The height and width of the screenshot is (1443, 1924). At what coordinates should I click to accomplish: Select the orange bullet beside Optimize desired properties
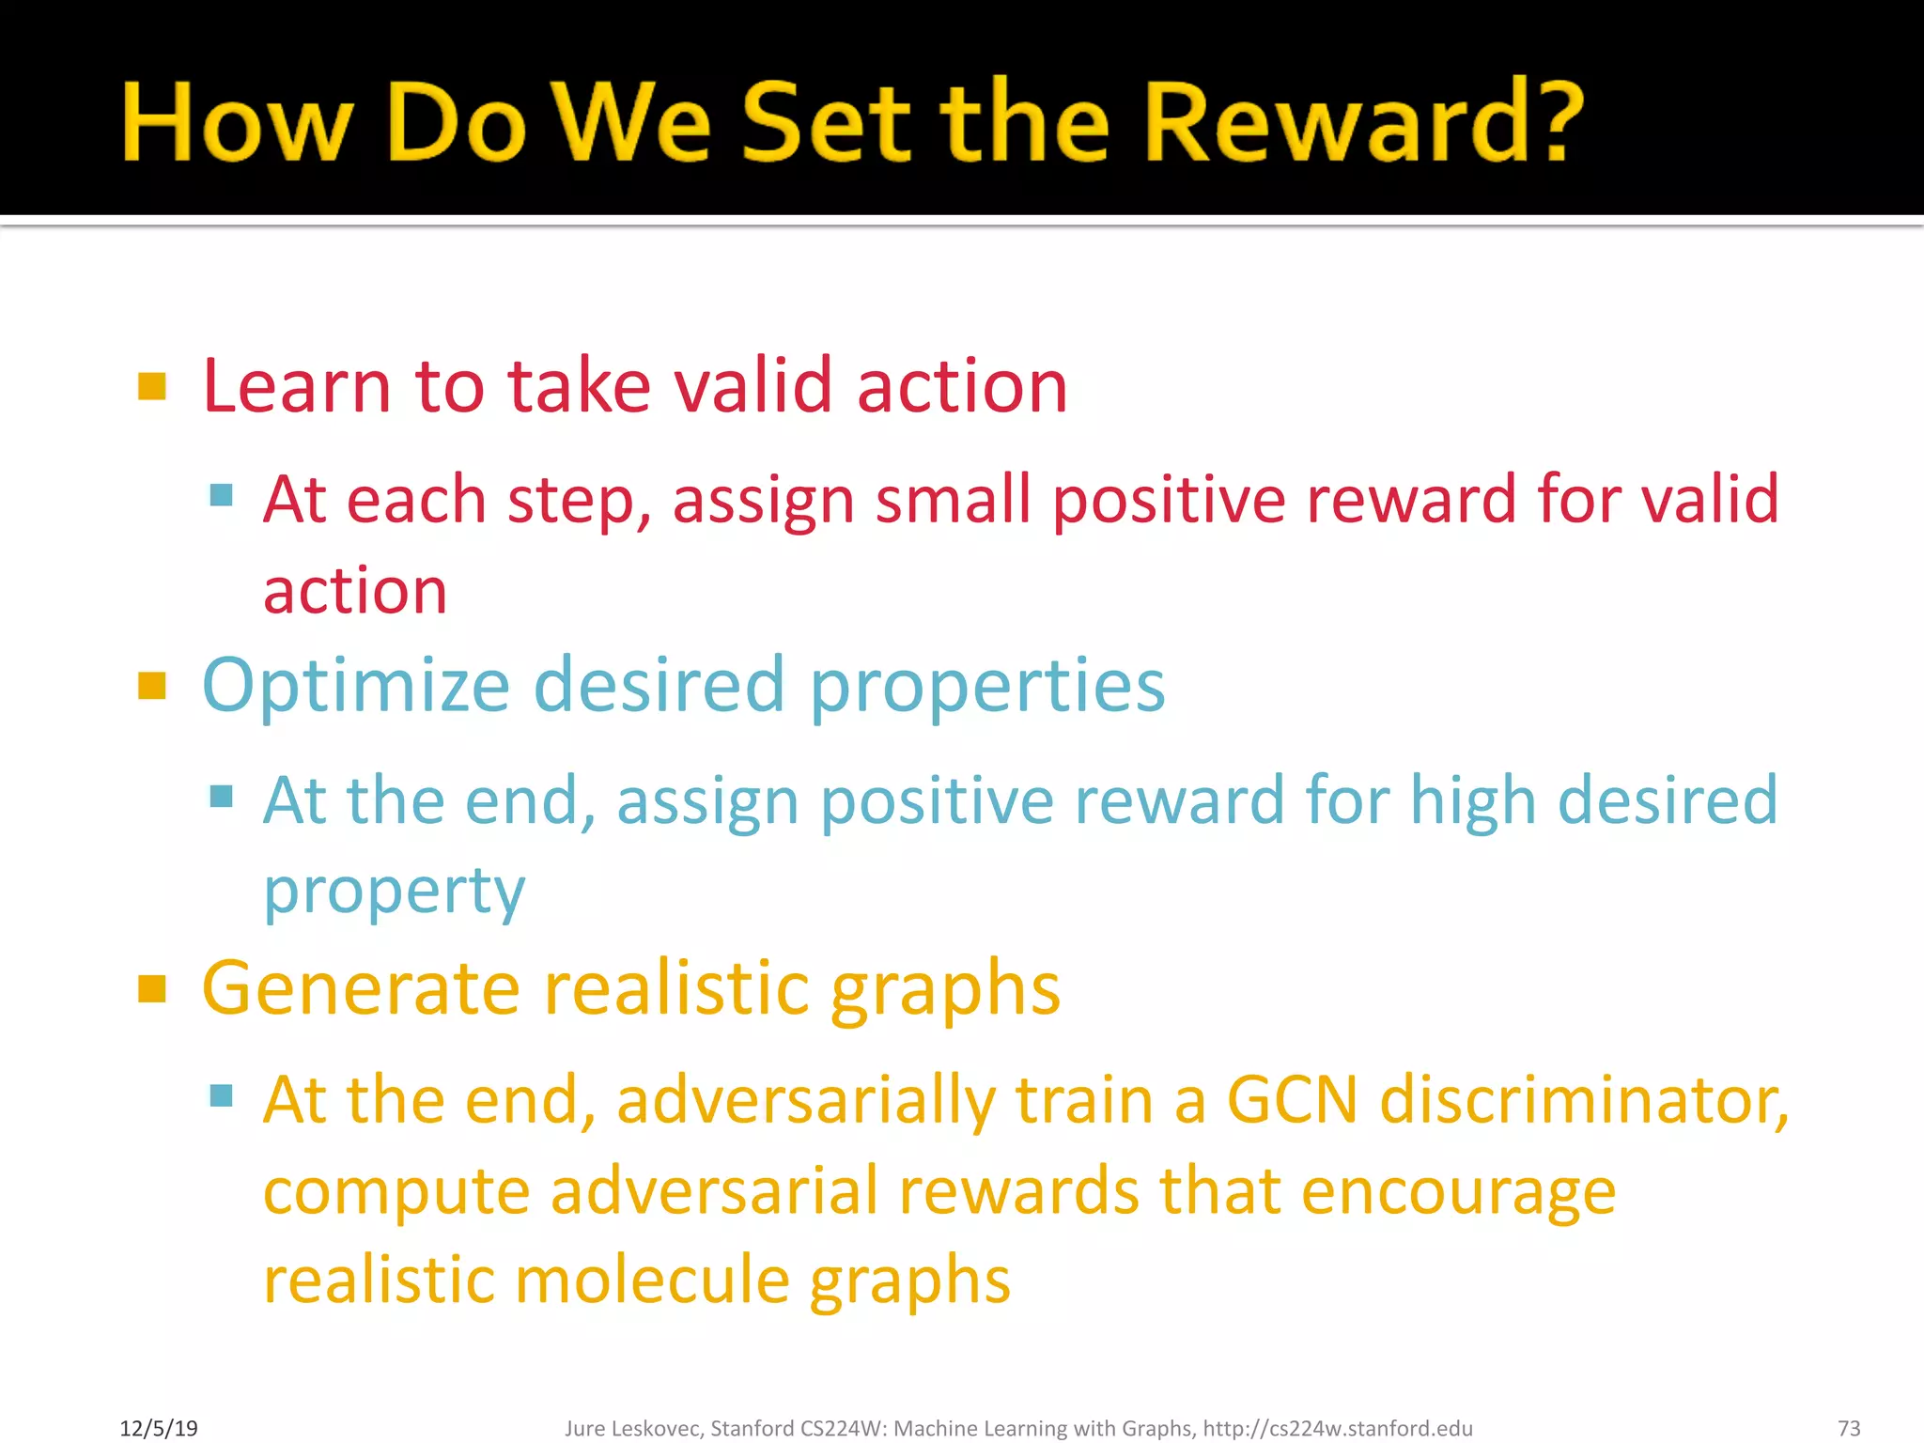pyautogui.click(x=151, y=686)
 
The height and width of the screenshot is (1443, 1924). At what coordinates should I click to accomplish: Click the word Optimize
pyautogui.click(x=356, y=686)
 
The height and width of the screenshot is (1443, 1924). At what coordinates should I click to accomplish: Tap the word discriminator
pyautogui.click(x=1584, y=1100)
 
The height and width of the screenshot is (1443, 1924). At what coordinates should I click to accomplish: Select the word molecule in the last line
pyautogui.click(x=652, y=1280)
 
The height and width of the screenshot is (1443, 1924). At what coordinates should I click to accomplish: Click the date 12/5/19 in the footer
pyautogui.click(x=159, y=1428)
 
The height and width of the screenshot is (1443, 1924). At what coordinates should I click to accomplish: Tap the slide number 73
pyautogui.click(x=1848, y=1428)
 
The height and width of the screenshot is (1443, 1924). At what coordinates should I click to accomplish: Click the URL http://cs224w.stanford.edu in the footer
pyautogui.click(x=1337, y=1428)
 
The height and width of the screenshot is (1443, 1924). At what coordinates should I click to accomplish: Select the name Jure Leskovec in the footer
pyautogui.click(x=632, y=1428)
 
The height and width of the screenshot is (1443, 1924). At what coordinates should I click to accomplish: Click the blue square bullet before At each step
pyautogui.click(x=222, y=495)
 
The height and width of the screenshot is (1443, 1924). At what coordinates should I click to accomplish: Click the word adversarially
pyautogui.click(x=805, y=1100)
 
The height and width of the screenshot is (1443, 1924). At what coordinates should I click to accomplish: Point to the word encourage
pyautogui.click(x=1458, y=1191)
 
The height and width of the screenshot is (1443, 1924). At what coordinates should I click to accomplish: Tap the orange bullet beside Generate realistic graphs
pyautogui.click(x=151, y=988)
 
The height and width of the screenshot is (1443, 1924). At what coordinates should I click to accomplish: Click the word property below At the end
pyautogui.click(x=394, y=891)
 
